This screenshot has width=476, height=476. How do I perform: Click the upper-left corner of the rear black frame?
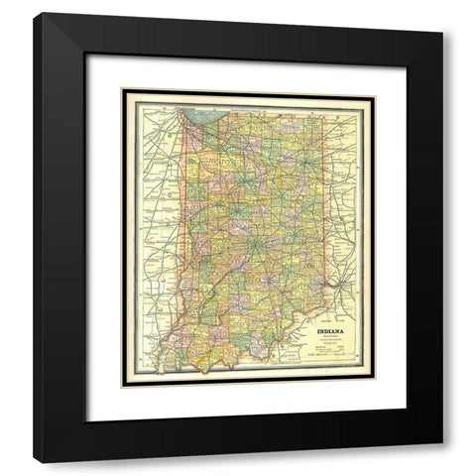(x=36, y=36)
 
